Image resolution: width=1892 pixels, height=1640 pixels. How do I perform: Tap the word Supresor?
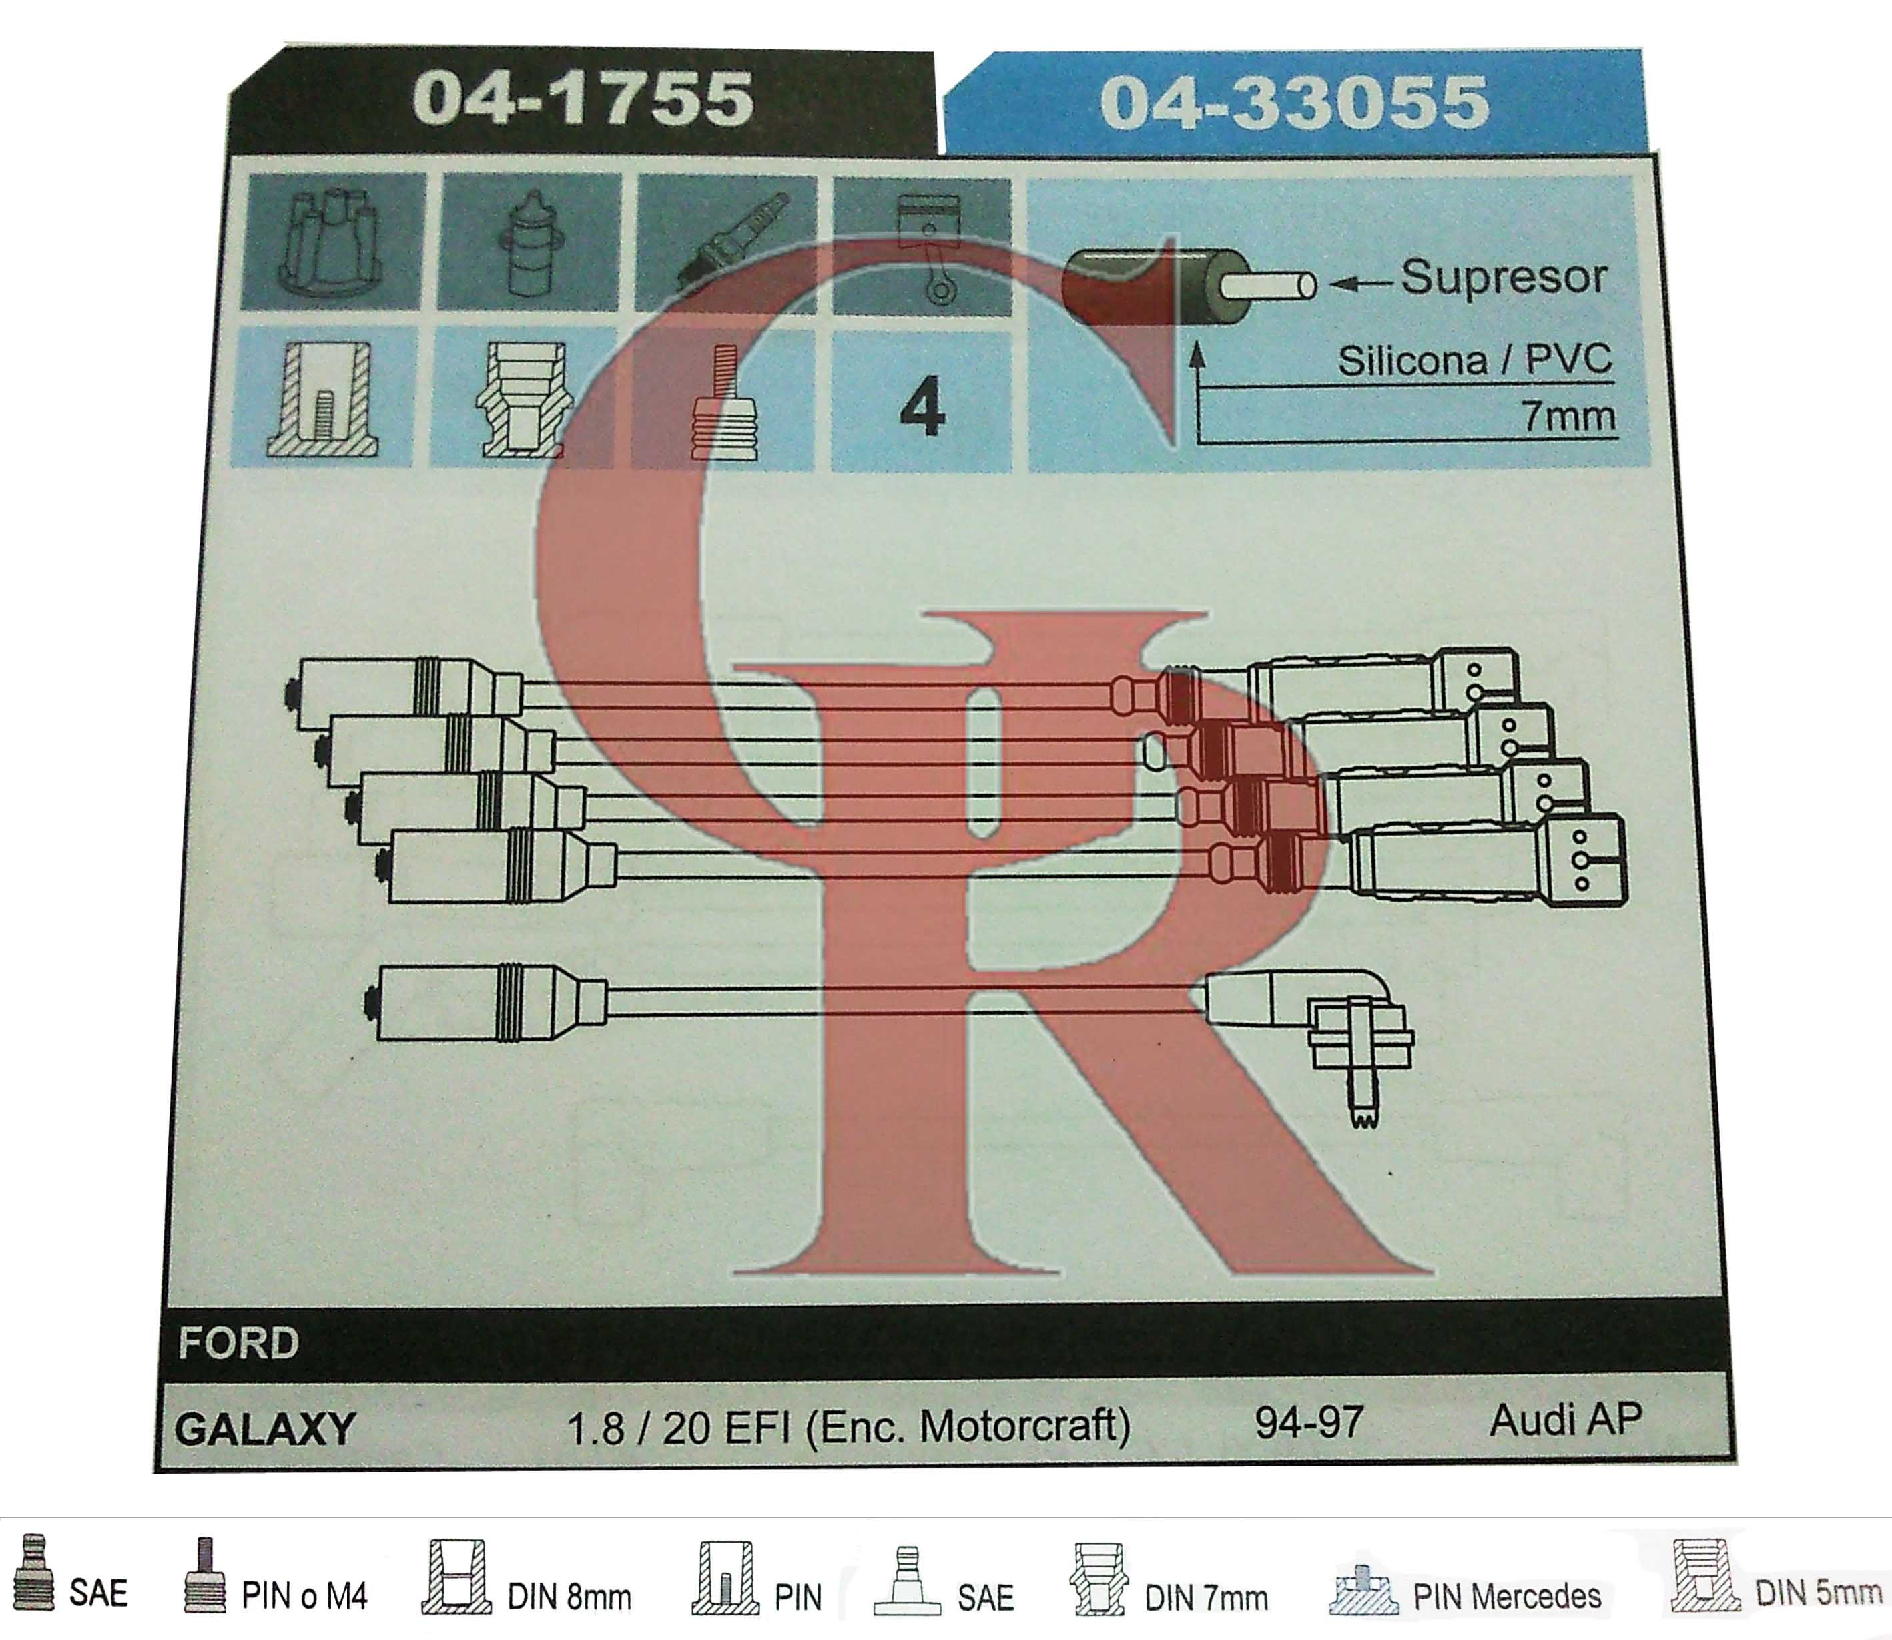coord(1503,277)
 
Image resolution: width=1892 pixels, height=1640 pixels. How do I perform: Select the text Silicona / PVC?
coord(1475,360)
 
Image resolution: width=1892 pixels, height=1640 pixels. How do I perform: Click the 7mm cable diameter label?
coord(1569,417)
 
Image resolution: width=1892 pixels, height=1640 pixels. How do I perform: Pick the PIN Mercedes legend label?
coord(1507,1596)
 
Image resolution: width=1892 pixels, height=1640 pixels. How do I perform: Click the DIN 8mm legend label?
coord(569,1597)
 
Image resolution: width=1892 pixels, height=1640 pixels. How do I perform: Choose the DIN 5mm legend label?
coord(1818,1593)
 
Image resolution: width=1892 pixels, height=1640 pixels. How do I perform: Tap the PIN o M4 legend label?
coord(305,1596)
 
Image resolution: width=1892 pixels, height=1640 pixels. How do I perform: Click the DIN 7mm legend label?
coord(1206,1598)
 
